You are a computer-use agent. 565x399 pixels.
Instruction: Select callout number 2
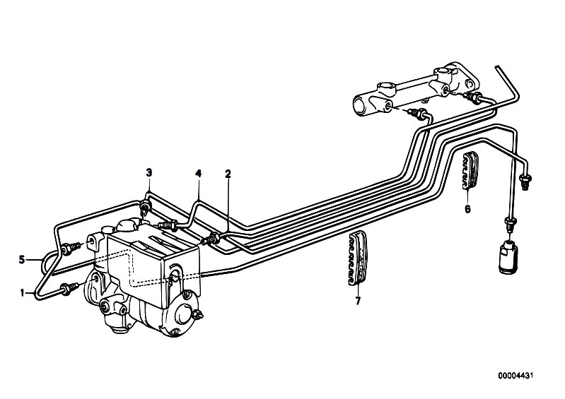pyautogui.click(x=228, y=174)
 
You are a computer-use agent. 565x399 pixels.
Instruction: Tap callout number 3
pyautogui.click(x=149, y=172)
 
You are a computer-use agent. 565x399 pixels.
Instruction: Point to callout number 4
pyautogui.click(x=199, y=174)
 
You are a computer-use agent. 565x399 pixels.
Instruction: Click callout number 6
pyautogui.click(x=467, y=209)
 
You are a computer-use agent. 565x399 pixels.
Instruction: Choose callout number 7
pyautogui.click(x=358, y=302)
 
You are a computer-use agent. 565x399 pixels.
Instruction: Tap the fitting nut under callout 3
pyautogui.click(x=145, y=208)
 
